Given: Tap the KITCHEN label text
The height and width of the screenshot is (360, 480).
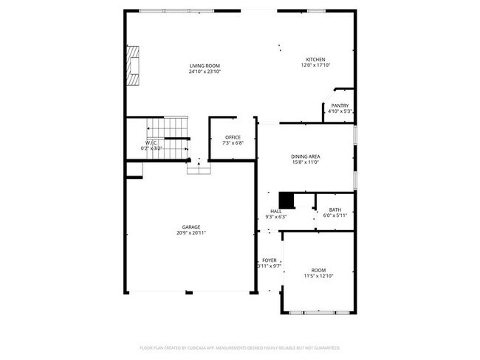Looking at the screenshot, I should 315,60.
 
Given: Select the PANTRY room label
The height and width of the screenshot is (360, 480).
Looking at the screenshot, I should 340,105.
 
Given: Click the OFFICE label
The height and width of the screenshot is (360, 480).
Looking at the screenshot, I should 233,137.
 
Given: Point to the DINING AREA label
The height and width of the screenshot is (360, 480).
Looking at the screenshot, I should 305,156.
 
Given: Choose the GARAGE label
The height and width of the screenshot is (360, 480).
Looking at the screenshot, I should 191,226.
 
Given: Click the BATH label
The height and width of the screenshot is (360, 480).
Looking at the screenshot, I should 335,210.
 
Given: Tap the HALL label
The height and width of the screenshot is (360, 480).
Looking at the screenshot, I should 275,211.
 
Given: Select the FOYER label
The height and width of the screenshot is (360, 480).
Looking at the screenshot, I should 270,260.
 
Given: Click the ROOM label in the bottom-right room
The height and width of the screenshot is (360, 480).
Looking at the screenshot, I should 318,270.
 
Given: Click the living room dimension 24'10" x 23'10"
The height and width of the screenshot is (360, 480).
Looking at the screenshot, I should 205,72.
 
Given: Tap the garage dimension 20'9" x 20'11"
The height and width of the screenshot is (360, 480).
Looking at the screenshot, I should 191,232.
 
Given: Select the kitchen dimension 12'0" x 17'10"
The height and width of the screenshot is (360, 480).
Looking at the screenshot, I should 315,66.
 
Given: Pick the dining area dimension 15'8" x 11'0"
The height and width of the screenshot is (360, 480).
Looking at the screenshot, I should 305,162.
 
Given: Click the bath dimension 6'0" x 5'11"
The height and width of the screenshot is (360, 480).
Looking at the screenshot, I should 335,215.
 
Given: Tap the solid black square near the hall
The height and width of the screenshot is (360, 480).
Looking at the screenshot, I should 286,200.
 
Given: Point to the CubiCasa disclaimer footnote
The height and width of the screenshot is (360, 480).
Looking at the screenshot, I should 240,347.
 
